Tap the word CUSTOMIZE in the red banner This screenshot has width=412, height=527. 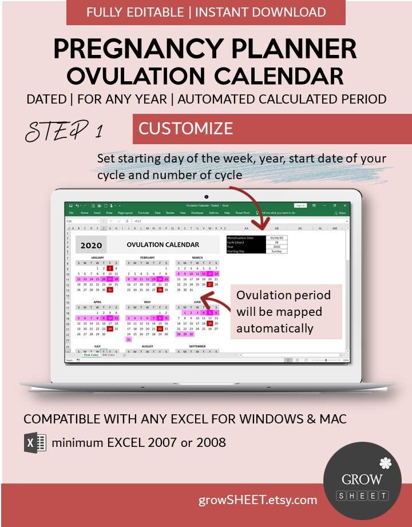tap(185, 128)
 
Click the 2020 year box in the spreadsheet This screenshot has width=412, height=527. tap(91, 245)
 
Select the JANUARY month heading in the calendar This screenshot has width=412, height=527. tap(97, 258)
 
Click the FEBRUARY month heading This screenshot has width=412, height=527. tap(147, 258)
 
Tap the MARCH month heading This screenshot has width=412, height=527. tap(197, 258)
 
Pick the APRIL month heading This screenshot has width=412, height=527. tap(97, 302)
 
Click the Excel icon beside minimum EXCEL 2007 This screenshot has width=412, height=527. tap(35, 443)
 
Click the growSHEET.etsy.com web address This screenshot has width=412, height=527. tap(257, 500)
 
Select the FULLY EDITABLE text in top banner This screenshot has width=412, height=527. tap(135, 12)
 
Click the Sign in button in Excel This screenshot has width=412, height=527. tap(300, 205)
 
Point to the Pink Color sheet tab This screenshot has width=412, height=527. tap(91, 355)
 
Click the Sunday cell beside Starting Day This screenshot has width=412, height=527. tap(276, 251)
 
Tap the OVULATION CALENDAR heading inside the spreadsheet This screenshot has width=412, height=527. tap(163, 245)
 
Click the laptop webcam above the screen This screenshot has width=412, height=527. tap(206, 196)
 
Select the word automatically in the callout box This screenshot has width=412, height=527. tap(275, 328)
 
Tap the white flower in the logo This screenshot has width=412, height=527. tap(385, 463)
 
